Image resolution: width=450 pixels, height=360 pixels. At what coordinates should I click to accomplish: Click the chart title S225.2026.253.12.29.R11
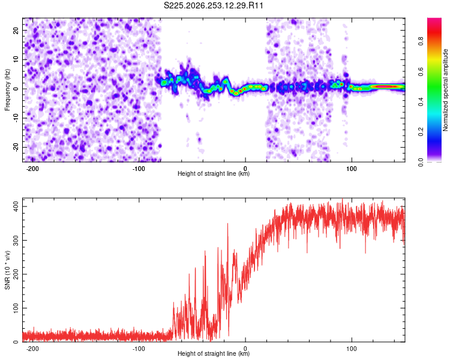point(213,5)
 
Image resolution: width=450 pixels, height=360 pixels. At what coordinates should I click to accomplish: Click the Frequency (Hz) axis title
point(7,89)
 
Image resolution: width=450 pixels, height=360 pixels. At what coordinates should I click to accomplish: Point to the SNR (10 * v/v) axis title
point(7,270)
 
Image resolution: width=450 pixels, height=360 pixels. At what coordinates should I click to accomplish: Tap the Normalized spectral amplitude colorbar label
point(445,90)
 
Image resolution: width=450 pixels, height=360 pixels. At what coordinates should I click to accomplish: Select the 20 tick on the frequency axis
point(16,31)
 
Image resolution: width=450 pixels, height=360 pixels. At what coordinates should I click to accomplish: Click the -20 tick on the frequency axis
point(16,147)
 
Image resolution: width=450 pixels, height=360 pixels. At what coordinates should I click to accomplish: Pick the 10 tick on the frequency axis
point(16,59)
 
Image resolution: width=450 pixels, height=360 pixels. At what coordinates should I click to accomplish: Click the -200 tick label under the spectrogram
point(32,169)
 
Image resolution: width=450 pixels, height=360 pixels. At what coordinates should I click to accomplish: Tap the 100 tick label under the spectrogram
point(351,169)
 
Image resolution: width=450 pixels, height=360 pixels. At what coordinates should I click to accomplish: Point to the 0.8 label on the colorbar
point(421,41)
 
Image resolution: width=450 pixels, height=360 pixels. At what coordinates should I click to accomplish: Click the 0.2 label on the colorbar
point(421,131)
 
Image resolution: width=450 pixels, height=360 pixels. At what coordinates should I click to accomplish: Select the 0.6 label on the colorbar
point(421,71)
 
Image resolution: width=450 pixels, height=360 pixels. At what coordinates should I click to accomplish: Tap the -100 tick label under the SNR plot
point(139,349)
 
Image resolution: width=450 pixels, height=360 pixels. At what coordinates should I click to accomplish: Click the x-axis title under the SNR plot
point(214,353)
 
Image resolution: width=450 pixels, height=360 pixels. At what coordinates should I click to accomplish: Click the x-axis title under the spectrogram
point(214,173)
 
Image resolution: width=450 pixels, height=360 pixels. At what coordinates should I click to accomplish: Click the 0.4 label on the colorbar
point(421,101)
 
